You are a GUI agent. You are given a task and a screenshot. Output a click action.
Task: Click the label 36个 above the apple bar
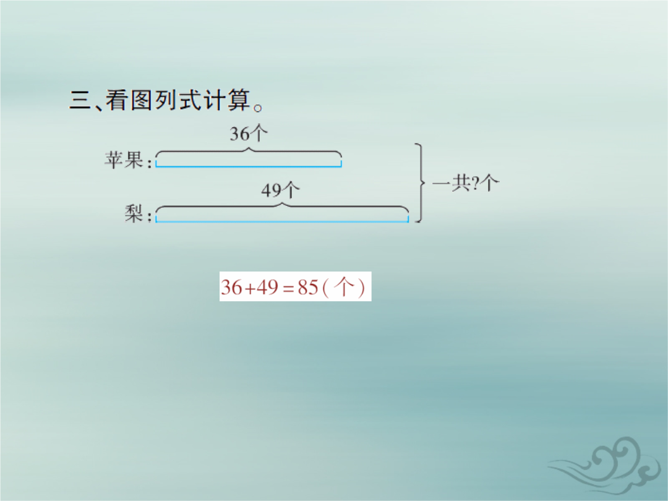point(249,134)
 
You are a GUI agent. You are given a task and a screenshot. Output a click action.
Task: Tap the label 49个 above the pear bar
point(280,190)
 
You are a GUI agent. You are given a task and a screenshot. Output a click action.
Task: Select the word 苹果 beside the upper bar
point(124,160)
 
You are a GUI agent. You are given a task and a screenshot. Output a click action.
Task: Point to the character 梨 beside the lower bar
point(134,213)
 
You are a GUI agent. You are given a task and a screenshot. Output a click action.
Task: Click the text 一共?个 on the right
point(466,183)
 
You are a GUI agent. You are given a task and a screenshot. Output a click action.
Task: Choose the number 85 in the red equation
point(308,287)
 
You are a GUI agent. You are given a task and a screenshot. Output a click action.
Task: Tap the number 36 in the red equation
point(231,287)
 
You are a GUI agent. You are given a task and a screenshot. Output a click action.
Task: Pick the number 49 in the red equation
point(268,287)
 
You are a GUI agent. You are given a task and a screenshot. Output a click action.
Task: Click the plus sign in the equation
point(250,289)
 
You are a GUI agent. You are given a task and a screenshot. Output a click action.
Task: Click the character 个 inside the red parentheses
point(343,287)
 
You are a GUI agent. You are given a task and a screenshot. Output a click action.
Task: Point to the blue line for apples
point(249,166)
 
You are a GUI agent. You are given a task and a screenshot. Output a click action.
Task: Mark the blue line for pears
point(282,221)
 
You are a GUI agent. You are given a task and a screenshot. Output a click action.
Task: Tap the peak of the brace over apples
point(249,148)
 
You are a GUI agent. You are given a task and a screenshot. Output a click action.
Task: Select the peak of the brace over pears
point(281,203)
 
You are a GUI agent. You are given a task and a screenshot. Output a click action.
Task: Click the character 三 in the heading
point(80,101)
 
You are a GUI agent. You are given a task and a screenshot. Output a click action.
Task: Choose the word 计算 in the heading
point(227,100)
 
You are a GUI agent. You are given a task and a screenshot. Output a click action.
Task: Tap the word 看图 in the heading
point(129,100)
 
